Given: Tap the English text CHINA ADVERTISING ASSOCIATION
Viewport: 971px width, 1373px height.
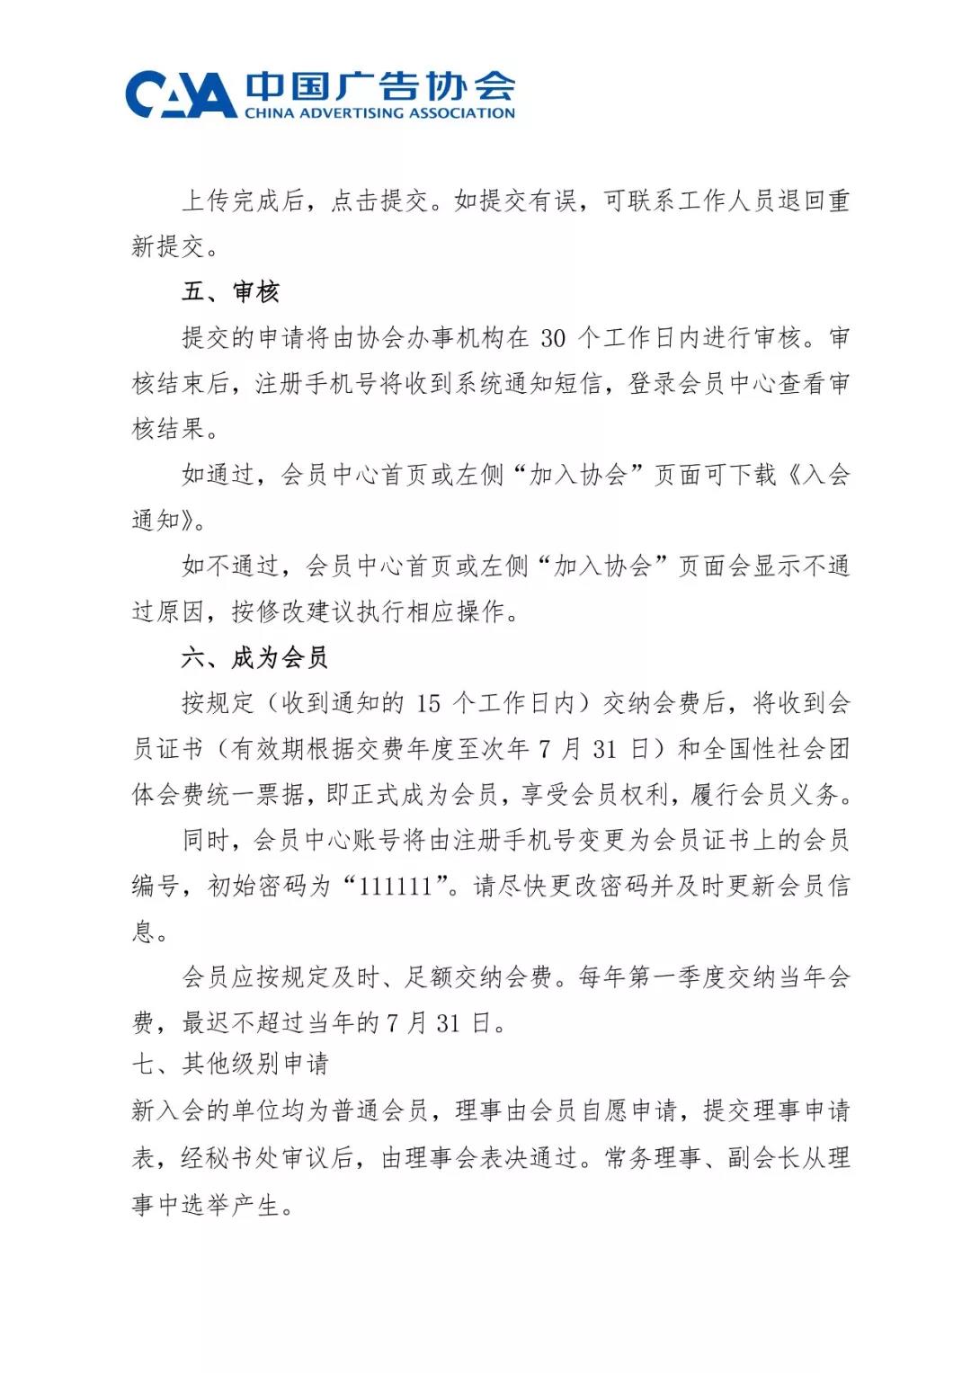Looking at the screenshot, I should tap(379, 113).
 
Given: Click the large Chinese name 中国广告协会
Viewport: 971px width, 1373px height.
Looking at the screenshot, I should tap(379, 86).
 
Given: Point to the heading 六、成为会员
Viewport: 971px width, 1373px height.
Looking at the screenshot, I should tap(254, 657).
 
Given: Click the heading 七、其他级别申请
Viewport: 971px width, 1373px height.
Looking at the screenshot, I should tap(230, 1065).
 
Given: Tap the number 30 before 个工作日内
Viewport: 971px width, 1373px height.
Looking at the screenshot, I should tap(554, 338).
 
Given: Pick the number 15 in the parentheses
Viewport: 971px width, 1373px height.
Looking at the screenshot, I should tap(429, 703).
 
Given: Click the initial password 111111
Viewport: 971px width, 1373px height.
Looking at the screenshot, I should tap(396, 887).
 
